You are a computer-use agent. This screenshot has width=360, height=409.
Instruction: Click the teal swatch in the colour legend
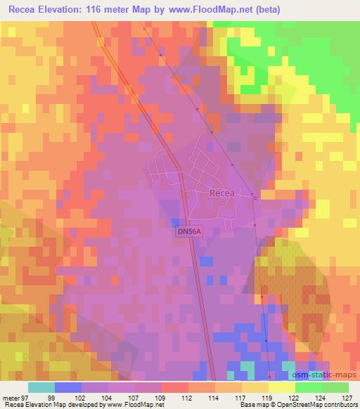click(41, 387)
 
